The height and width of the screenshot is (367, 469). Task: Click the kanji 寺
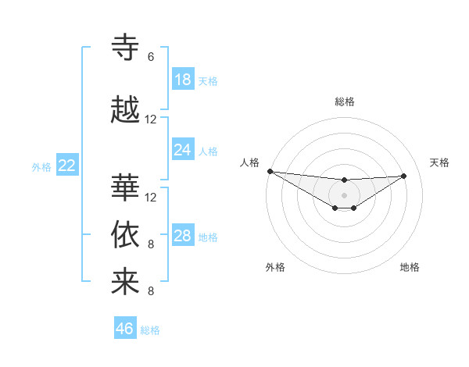click(125, 48)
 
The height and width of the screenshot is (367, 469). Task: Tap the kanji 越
click(125, 109)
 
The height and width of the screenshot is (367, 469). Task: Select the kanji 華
click(125, 187)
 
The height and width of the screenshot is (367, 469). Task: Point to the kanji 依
click(125, 234)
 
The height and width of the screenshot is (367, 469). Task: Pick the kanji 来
click(125, 282)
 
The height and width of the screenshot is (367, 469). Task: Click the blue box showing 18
click(183, 80)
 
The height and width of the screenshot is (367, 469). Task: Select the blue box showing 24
click(183, 150)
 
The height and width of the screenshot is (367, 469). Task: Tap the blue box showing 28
click(183, 236)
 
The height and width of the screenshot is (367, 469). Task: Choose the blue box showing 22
click(67, 166)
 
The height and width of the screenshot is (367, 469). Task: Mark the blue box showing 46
click(125, 329)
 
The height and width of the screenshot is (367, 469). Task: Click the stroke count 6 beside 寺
click(151, 57)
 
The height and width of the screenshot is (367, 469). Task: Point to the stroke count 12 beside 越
click(151, 119)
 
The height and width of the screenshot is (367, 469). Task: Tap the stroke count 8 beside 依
click(151, 244)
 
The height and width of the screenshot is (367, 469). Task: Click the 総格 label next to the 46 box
click(150, 330)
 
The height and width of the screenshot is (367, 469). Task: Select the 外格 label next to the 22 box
click(41, 166)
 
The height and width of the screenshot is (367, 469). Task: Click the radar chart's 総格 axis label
click(344, 102)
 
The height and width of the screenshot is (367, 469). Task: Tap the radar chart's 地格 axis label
click(410, 267)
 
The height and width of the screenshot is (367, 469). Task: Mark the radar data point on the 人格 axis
click(270, 171)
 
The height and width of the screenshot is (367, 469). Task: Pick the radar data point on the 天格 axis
click(404, 176)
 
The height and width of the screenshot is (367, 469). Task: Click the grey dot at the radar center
click(344, 194)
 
